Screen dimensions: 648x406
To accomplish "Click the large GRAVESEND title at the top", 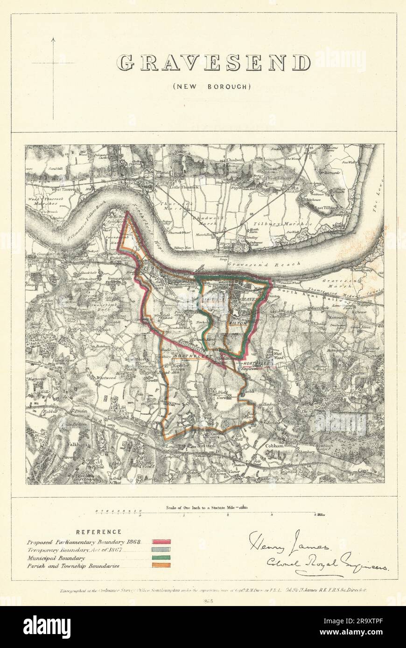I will pyautogui.click(x=213, y=63).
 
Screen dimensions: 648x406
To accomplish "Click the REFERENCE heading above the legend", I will pyautogui.click(x=99, y=532).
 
